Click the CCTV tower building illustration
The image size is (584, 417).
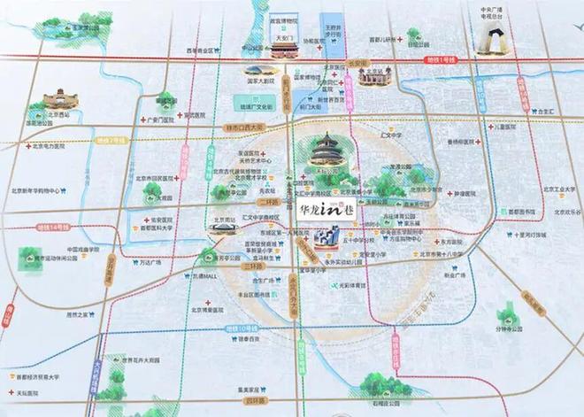tap(491, 41)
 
